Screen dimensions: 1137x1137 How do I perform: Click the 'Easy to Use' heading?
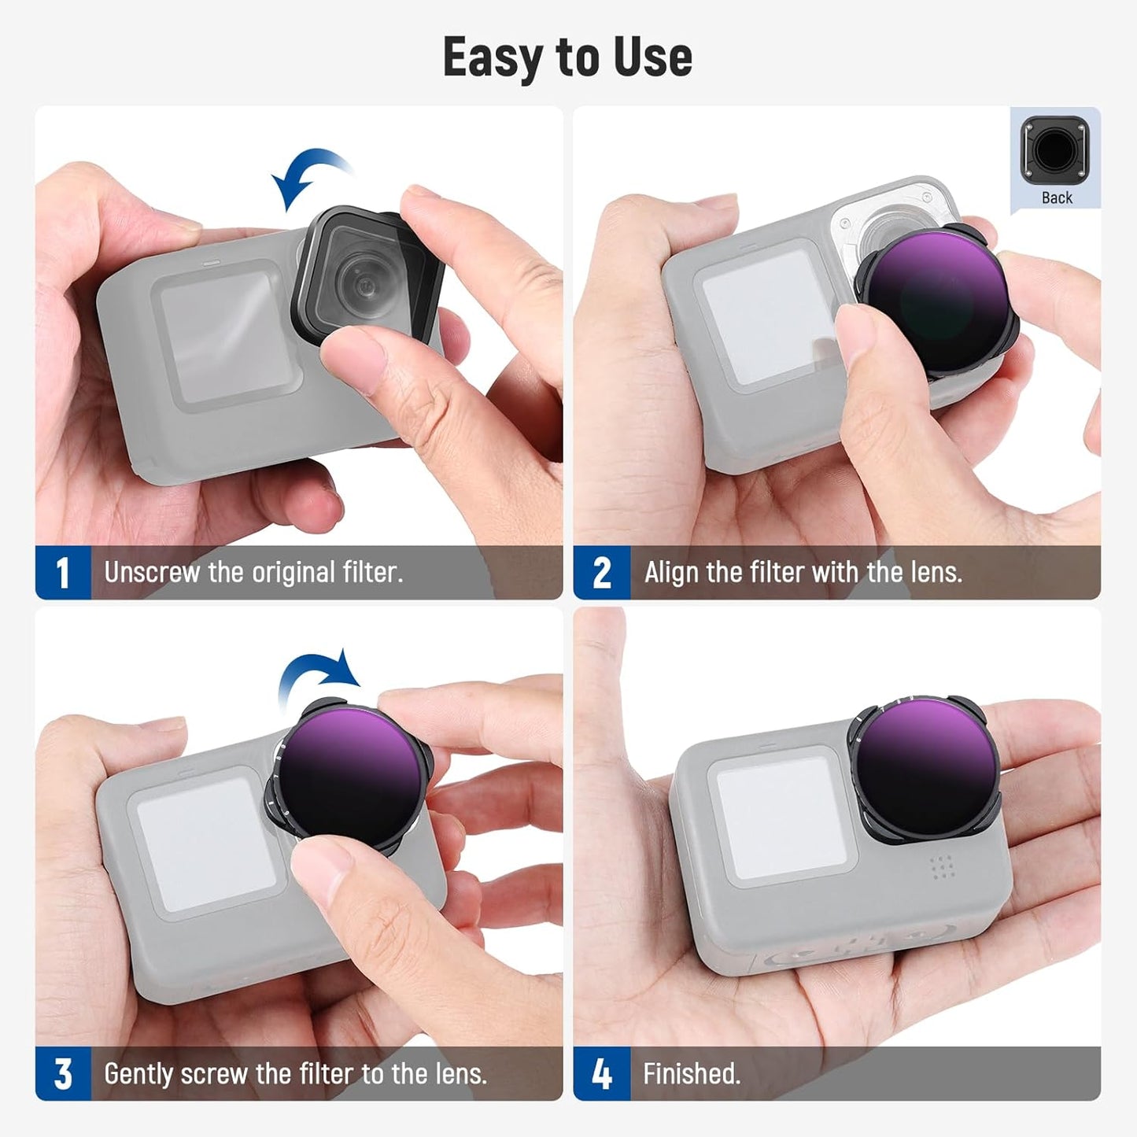click(567, 57)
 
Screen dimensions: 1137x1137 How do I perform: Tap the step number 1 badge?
click(63, 572)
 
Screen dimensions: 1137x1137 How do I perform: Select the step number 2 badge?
click(601, 572)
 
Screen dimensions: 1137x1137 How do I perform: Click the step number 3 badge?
click(63, 1074)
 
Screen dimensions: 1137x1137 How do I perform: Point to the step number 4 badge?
click(601, 1074)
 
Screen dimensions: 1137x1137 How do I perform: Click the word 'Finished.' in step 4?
click(692, 1074)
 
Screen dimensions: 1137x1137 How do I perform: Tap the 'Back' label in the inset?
click(1057, 198)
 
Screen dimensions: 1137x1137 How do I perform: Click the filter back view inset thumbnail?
click(1055, 150)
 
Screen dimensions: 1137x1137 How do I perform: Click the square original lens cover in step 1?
click(366, 275)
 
